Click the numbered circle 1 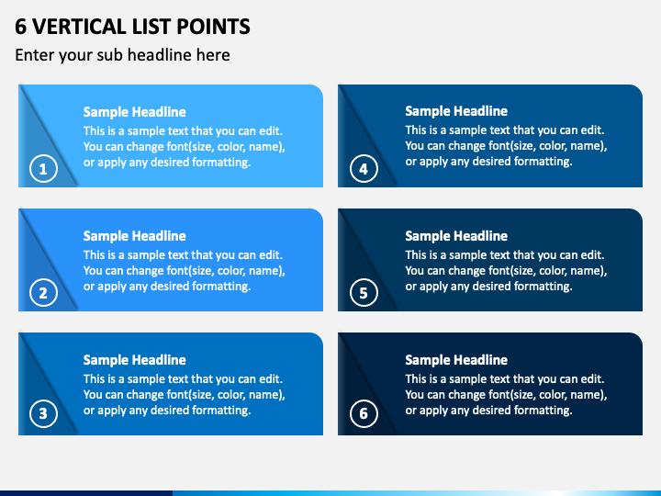point(42,169)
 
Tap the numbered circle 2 point(42,293)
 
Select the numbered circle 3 point(42,413)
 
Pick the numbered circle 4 point(364,169)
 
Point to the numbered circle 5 point(364,293)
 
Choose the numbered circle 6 point(364,413)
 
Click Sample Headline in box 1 point(134,112)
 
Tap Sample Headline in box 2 point(134,236)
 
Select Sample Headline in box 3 point(134,360)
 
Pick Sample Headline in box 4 point(456,112)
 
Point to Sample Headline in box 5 point(456,236)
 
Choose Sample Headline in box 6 point(456,360)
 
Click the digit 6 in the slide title point(20,27)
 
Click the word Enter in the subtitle point(35,55)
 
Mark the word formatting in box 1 point(221,163)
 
